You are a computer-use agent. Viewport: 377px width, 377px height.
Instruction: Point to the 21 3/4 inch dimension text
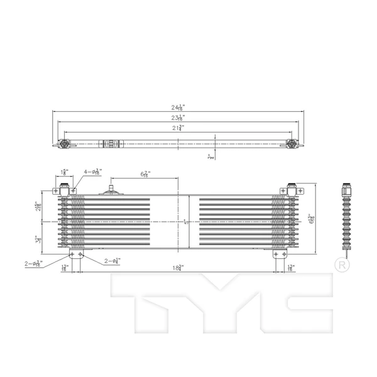tap(178, 127)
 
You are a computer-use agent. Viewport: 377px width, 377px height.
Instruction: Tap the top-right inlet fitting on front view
tap(292, 189)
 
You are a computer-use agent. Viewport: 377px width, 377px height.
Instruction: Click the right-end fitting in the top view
tap(292, 144)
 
